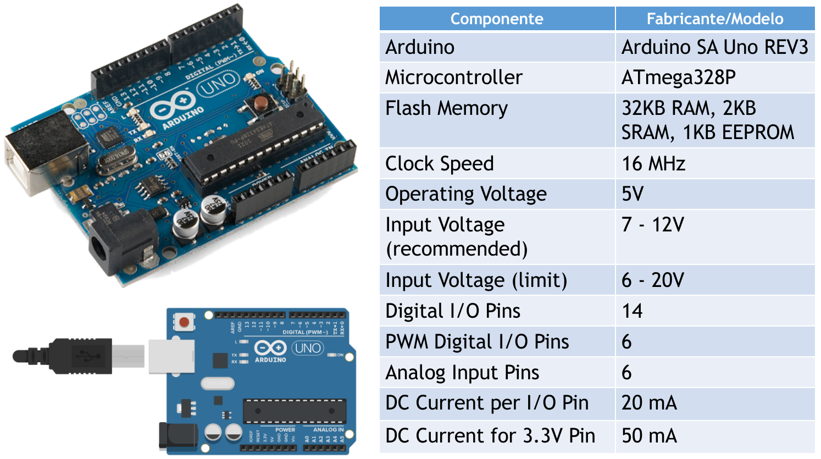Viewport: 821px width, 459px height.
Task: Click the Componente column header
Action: tap(497, 19)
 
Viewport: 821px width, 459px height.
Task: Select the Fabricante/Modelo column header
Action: tap(715, 19)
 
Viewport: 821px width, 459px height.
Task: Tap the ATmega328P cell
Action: tap(678, 78)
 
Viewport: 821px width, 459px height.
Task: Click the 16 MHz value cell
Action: tap(653, 164)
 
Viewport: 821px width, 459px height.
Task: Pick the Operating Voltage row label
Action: tap(466, 194)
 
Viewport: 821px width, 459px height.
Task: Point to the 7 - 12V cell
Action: tap(653, 225)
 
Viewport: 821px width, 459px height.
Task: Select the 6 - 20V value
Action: tap(653, 280)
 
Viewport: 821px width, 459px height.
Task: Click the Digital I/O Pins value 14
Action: tap(632, 311)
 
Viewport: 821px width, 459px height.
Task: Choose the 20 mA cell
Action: tap(649, 403)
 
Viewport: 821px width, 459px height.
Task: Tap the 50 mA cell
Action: tap(649, 436)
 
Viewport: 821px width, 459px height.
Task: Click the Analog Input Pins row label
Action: tap(462, 373)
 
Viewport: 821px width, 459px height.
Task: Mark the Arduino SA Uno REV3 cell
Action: tap(714, 47)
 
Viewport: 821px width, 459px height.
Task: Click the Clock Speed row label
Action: tap(440, 164)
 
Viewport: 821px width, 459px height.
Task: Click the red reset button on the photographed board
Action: tap(260, 102)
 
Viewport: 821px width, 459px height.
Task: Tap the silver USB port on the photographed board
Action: tap(38, 157)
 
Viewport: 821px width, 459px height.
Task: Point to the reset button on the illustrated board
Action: tap(184, 322)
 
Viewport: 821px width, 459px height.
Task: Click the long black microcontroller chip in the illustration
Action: tap(295, 412)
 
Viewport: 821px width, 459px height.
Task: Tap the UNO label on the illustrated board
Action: tap(308, 348)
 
